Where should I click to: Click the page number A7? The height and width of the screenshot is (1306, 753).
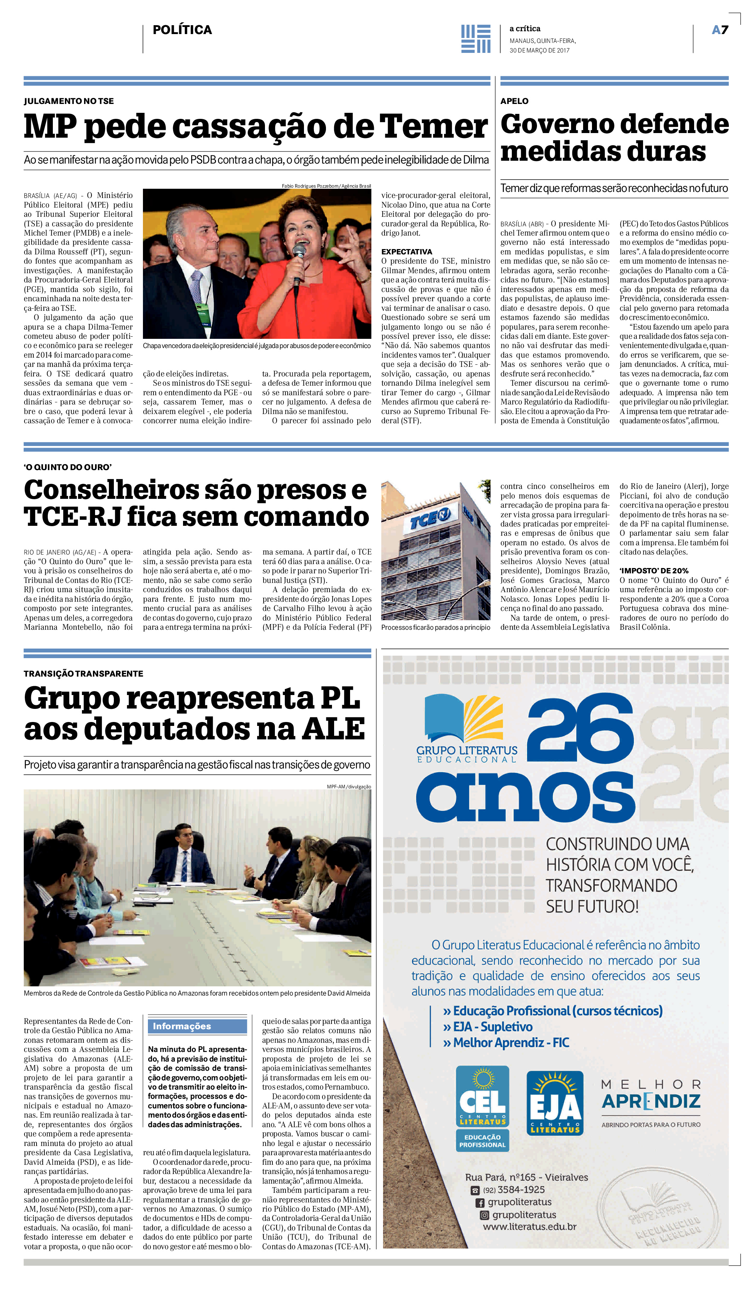[720, 30]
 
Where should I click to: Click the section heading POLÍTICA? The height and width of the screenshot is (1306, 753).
[182, 30]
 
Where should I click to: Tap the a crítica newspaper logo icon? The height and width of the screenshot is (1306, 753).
[475, 39]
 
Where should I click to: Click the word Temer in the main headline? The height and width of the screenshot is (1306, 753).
[433, 127]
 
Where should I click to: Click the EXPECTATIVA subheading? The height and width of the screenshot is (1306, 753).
[406, 252]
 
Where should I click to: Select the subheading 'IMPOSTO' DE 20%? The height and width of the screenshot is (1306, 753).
[654, 571]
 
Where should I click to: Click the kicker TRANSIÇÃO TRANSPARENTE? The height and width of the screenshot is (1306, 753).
[83, 673]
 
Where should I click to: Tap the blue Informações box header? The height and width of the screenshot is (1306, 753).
[197, 1026]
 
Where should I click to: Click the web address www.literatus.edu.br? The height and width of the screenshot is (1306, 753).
[529, 1226]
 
